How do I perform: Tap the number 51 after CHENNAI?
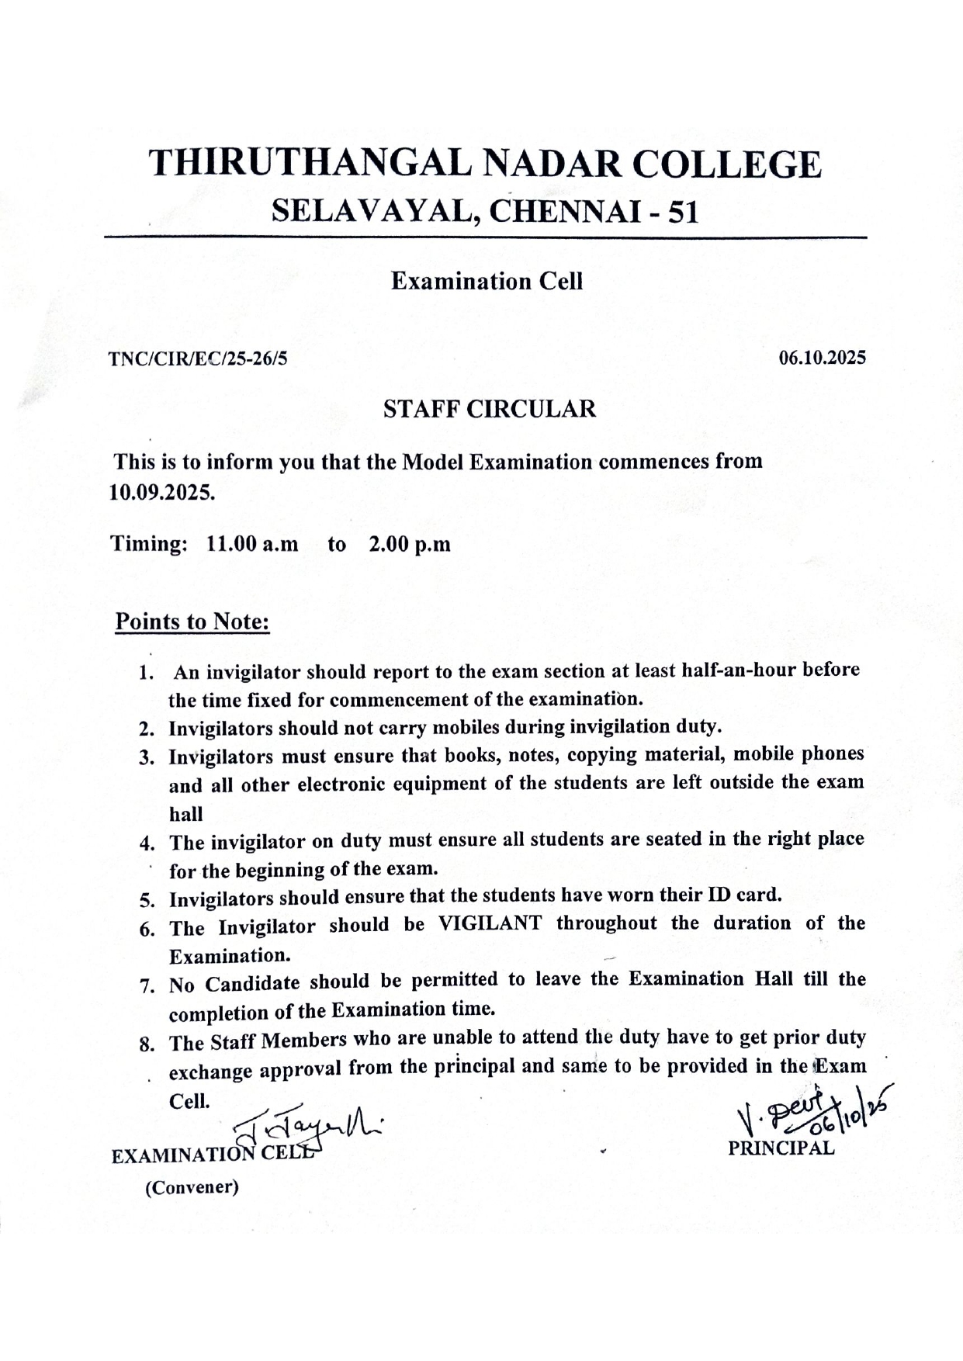pos(683,212)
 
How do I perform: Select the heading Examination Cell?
pos(487,281)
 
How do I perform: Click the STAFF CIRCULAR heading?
pos(490,409)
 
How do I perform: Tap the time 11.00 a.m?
pos(252,543)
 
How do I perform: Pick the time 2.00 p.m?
pos(410,543)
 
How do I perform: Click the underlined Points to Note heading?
pos(192,622)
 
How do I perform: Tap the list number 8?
pos(147,1044)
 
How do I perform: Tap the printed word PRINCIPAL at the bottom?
pos(781,1149)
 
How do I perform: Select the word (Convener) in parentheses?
pos(192,1187)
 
